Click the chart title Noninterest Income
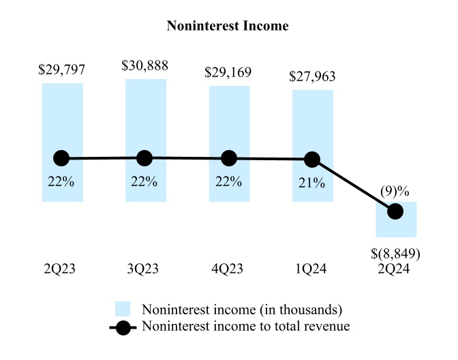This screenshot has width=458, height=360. pyautogui.click(x=228, y=27)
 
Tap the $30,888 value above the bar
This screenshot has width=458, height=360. pyautogui.click(x=145, y=66)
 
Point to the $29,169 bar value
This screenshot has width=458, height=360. pyautogui.click(x=229, y=71)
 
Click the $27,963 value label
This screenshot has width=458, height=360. pyautogui.click(x=313, y=77)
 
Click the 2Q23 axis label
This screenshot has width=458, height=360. pyautogui.click(x=62, y=269)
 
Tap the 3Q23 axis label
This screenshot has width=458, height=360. pyautogui.click(x=145, y=269)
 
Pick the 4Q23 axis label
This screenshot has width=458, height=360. pyautogui.click(x=229, y=269)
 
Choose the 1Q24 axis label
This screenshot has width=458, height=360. pyautogui.click(x=313, y=269)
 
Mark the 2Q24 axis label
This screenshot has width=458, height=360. pyautogui.click(x=396, y=269)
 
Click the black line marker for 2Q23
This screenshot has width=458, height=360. pyautogui.click(x=62, y=159)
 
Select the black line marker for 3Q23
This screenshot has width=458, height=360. pyautogui.click(x=145, y=158)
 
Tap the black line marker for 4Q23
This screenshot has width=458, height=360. pyautogui.click(x=229, y=159)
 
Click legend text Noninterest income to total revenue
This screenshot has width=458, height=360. pyautogui.click(x=245, y=327)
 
